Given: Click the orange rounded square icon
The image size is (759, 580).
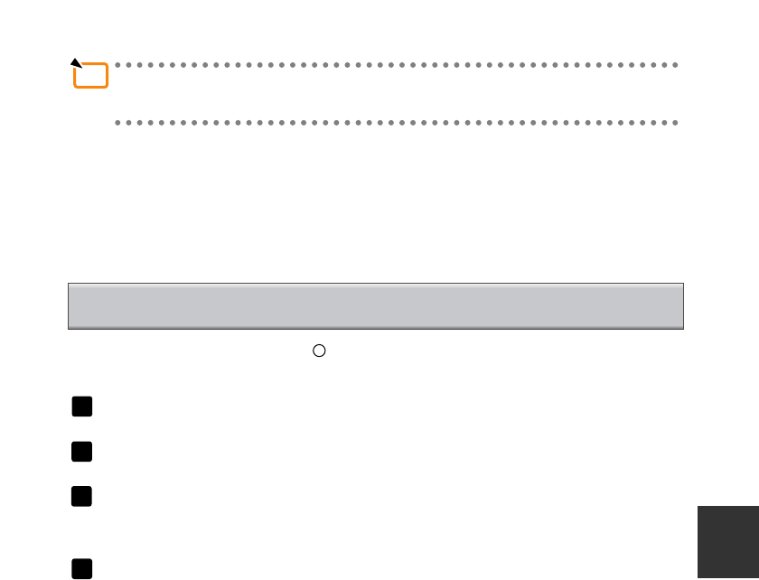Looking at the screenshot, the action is coord(91,76).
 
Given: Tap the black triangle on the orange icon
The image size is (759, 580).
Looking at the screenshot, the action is coord(77,64).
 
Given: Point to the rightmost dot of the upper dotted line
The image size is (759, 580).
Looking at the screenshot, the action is coord(675,65).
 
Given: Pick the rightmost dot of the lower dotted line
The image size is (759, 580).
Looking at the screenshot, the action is coord(675,122).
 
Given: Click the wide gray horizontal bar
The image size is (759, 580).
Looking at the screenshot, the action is coord(375,305).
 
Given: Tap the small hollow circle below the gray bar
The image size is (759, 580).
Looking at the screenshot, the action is coord(318,351).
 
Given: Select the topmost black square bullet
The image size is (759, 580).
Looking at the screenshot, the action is coord(82,407).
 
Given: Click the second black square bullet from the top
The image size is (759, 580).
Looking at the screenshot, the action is coord(82,452).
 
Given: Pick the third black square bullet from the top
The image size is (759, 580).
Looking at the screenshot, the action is coord(82,496).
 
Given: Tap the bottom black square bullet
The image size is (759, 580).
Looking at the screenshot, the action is coord(82,568).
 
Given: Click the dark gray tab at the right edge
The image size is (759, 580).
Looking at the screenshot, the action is coord(728,542).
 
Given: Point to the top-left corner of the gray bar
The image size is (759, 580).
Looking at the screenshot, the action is coord(69,284).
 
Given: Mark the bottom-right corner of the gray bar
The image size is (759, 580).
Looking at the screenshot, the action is coord(683,328).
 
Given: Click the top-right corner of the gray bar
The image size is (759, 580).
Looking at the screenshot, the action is coord(683,284).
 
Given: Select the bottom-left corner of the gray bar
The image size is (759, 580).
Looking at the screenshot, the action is coord(69,328).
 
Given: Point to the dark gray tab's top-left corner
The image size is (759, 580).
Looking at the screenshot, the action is coord(698,506).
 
